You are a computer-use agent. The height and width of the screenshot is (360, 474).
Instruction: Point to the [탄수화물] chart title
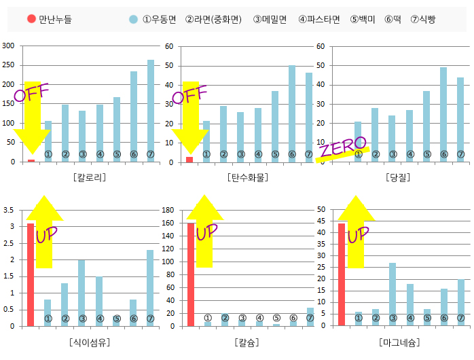click(x=247, y=177)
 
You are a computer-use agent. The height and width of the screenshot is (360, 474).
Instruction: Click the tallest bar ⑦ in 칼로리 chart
click(x=151, y=109)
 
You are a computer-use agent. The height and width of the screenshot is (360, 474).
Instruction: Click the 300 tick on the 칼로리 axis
click(x=9, y=46)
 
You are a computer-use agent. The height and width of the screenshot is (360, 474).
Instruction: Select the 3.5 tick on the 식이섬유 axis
click(x=9, y=210)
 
